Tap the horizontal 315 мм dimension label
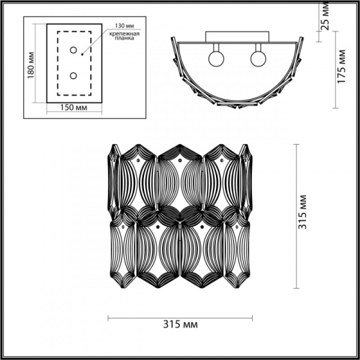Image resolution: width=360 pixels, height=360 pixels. [181, 324]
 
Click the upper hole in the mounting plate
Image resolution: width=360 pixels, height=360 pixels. [73, 50]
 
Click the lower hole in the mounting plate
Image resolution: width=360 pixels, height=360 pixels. [73, 76]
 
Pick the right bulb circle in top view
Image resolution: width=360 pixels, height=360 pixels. [258, 59]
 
